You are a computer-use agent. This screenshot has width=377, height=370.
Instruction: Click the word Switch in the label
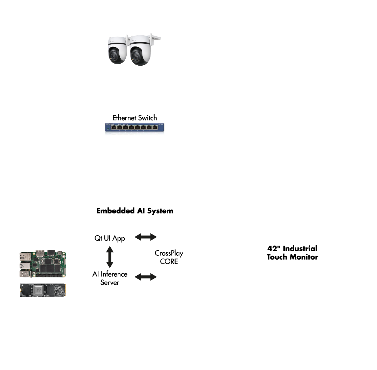tap(147, 118)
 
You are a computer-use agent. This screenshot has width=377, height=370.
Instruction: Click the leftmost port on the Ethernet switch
tap(113, 127)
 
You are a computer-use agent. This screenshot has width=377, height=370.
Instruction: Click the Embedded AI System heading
tap(135, 211)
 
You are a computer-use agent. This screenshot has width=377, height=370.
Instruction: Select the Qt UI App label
tap(110, 238)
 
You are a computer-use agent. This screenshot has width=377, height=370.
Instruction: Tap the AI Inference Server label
tap(110, 278)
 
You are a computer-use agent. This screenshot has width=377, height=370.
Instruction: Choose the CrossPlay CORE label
tap(169, 257)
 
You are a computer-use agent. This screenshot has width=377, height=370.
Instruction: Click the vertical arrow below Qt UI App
tap(110, 257)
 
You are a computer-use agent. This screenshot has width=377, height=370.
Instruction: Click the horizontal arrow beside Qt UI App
tap(146, 237)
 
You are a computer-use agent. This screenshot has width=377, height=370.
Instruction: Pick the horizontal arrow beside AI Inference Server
tap(146, 277)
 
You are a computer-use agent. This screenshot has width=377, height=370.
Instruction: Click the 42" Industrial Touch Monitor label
tap(292, 253)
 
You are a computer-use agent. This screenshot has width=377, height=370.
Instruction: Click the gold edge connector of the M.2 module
tap(65, 290)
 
